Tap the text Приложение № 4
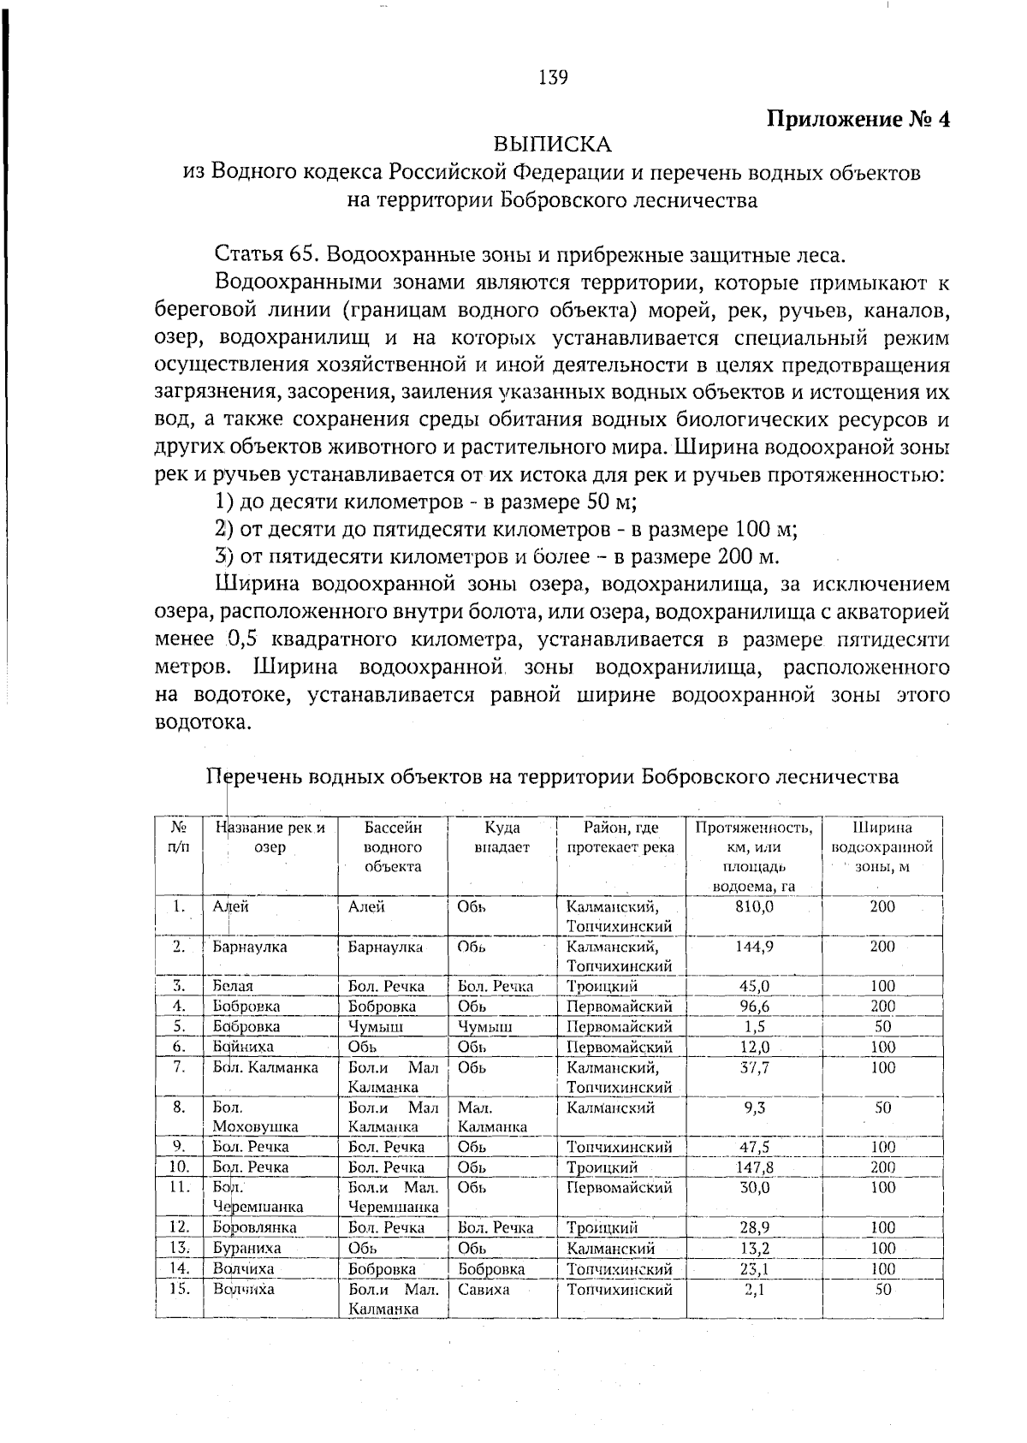tap(858, 118)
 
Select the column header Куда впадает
tap(502, 838)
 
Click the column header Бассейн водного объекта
tap(393, 847)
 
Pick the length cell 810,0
tap(754, 906)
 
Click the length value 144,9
tap(754, 947)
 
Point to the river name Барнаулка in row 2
tap(250, 947)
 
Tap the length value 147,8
tap(754, 1167)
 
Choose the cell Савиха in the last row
tap(484, 1289)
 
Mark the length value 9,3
tap(754, 1107)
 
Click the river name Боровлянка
tap(254, 1227)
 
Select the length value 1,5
tap(754, 1026)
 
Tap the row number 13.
tap(179, 1248)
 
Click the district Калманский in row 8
tap(610, 1107)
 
